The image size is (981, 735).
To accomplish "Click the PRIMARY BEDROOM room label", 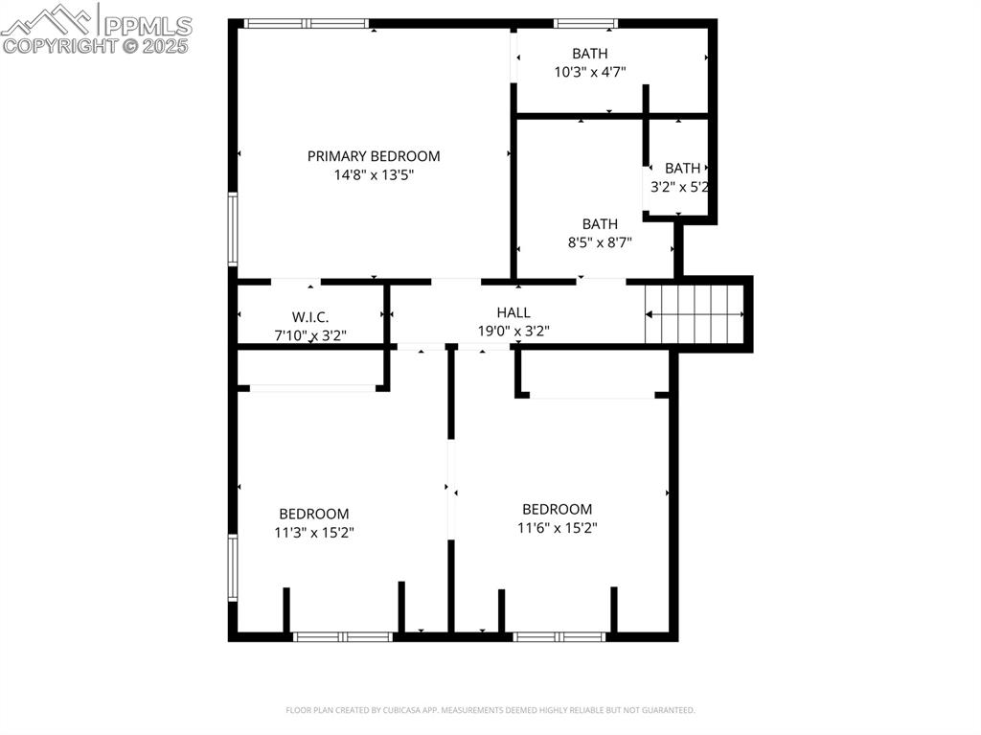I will coord(374,156).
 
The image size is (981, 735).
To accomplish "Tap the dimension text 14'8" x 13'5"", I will coord(374,175).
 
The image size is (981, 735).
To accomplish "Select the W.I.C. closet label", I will coord(310,316).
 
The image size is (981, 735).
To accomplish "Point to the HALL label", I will coord(513,312).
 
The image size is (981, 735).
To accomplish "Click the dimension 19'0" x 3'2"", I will coord(513,332).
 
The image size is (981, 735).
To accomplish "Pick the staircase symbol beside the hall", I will coord(696,313).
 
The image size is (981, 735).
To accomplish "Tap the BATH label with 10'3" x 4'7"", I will coord(590,54).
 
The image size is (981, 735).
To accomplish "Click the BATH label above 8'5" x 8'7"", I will coord(600,224).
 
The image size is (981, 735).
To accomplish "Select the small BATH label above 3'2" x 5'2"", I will coord(682,169).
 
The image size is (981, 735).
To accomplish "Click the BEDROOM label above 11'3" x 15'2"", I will coord(314,514).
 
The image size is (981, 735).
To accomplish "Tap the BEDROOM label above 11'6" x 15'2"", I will coord(557,509).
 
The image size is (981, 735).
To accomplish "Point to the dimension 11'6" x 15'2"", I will coord(557,528).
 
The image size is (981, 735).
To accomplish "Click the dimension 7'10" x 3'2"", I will coord(310,335).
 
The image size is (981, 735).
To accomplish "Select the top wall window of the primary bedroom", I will coord(307,23).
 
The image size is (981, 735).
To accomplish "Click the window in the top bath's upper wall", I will coord(585,23).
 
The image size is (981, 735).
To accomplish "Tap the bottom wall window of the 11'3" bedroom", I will coord(343,636).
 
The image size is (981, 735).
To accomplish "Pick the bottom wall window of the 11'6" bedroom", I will coord(559,636).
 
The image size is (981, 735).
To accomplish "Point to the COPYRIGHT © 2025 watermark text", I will coord(96,45).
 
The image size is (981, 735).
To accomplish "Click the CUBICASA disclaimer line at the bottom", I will coord(490,710).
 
